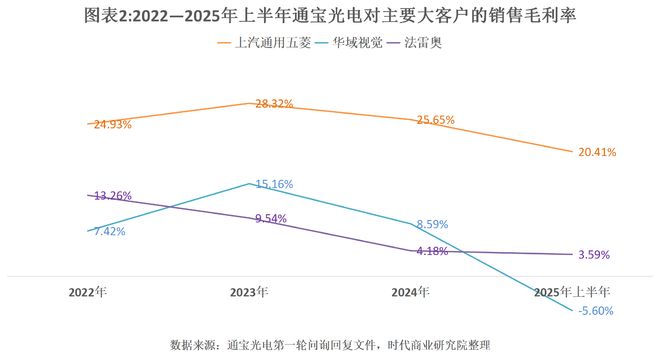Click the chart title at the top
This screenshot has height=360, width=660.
(x=330, y=17)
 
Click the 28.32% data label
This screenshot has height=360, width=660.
(x=275, y=103)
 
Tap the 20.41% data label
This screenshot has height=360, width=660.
(x=597, y=152)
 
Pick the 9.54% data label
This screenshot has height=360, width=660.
(x=272, y=217)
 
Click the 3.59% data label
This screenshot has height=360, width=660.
(x=594, y=255)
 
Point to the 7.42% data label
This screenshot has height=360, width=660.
(x=107, y=230)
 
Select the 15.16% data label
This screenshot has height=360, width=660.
(x=275, y=184)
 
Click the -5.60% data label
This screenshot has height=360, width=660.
(x=594, y=311)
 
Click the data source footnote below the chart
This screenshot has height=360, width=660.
(x=330, y=345)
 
